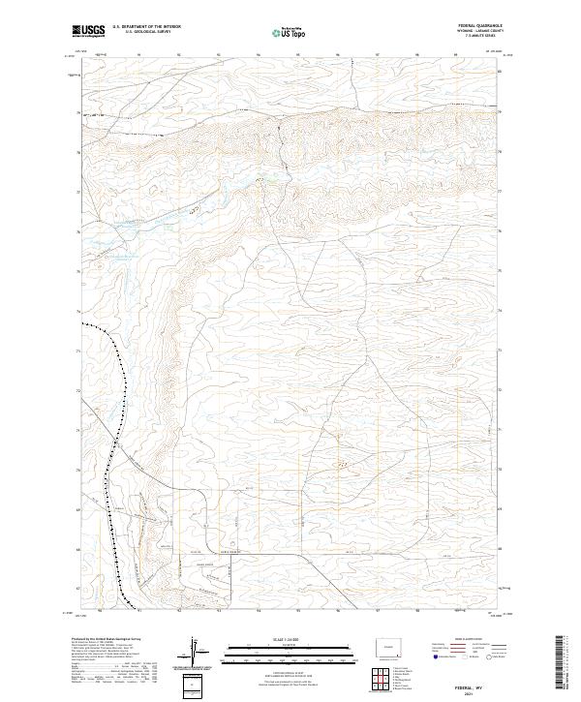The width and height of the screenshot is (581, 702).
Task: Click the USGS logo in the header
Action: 89,31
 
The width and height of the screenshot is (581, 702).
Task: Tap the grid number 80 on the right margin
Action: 500,73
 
